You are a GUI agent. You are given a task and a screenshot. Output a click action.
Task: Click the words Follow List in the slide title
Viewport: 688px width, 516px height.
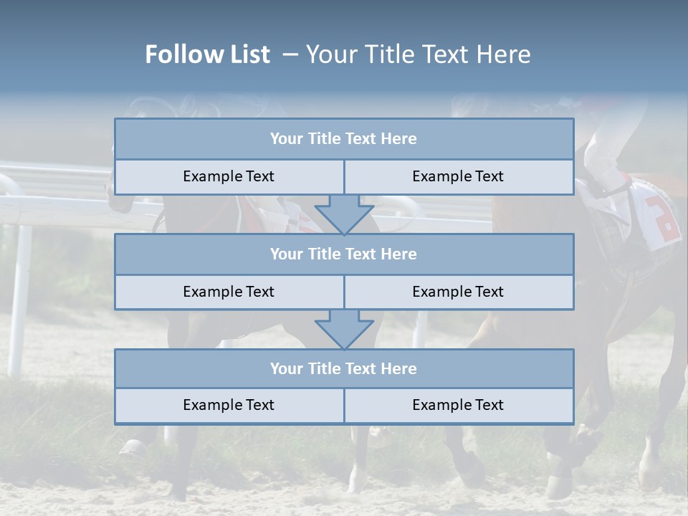(207, 54)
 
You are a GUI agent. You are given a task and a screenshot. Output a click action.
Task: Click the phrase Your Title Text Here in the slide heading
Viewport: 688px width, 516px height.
(418, 54)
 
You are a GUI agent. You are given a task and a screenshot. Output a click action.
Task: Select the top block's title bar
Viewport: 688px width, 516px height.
(344, 139)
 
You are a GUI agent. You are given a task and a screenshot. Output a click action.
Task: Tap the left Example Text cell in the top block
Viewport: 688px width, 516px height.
(229, 176)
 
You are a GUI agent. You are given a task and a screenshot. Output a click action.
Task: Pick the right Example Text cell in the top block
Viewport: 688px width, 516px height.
(458, 176)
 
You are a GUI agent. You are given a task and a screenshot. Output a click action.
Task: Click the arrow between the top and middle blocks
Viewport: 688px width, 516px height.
(344, 214)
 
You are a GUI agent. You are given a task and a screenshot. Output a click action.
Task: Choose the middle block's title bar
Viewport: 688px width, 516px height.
(344, 254)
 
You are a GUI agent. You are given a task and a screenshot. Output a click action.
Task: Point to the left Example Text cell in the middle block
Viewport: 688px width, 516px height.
(229, 292)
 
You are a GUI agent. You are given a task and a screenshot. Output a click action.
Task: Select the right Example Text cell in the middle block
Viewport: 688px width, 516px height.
(458, 292)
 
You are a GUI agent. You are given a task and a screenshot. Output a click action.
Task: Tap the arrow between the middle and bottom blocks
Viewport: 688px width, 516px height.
(344, 329)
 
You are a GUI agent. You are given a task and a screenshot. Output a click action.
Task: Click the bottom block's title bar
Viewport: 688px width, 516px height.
(344, 368)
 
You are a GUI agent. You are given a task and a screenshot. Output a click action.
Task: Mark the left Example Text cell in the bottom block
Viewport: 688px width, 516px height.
(229, 405)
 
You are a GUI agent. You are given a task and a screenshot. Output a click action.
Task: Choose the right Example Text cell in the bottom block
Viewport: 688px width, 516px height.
(458, 405)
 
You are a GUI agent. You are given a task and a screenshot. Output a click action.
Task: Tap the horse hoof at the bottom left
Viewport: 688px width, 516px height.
(133, 449)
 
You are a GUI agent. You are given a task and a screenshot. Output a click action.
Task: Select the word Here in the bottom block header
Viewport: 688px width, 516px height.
(398, 368)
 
